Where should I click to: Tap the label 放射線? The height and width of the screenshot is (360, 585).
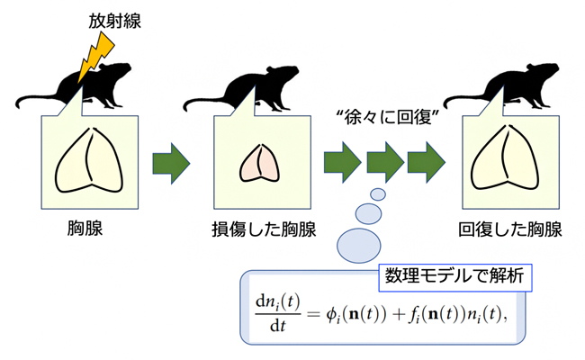pos(113,18)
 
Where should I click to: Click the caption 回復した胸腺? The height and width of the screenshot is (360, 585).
pos(510,229)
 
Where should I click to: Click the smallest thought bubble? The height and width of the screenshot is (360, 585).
pos(378,194)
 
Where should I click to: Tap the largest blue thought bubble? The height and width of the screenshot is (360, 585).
pos(358,240)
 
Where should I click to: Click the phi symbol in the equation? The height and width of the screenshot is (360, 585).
pos(329,316)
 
